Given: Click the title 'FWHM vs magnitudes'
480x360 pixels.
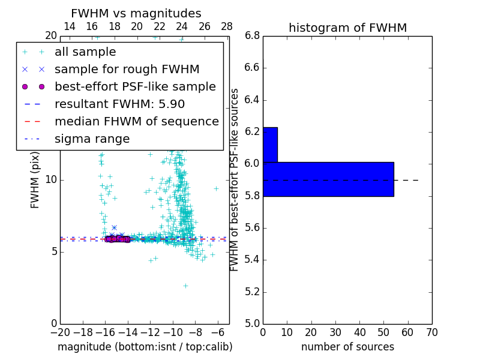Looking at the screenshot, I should coord(136,14).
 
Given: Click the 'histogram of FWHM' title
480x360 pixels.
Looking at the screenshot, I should coord(347,28).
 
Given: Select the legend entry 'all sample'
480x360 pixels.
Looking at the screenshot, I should coord(85,52).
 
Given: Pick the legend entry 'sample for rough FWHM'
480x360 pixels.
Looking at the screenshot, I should coord(127,70).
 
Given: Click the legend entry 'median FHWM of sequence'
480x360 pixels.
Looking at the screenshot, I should coord(136,122).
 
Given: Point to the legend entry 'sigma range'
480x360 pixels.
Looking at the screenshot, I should coord(92,139).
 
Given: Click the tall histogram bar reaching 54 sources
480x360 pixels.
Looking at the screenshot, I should coord(328,179).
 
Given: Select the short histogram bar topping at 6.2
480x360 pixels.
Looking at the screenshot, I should coord(270,145).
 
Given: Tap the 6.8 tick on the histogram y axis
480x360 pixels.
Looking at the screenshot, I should coord(252,36).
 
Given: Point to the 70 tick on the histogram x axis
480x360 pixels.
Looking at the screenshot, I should coord(432,332).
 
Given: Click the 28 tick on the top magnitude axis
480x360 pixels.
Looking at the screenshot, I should coord(227,26).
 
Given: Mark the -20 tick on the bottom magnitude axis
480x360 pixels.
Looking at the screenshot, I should coord(60,332).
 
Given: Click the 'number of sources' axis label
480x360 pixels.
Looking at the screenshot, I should coord(347,347).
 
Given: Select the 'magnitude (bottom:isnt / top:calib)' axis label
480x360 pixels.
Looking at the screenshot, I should coord(145,347).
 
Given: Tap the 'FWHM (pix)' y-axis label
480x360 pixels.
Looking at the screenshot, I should coord(35,179).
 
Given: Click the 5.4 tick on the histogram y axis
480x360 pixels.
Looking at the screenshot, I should coord(252,260).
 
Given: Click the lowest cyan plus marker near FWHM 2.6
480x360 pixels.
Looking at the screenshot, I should coord(185,286).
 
